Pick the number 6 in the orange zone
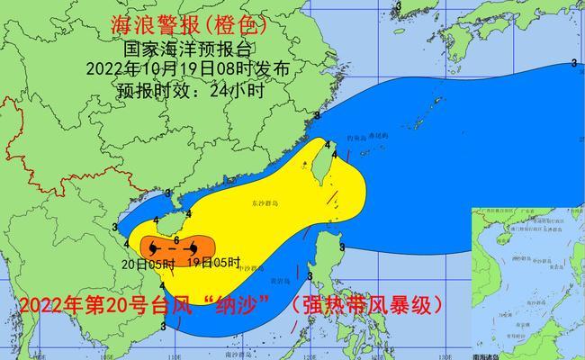click(176, 238)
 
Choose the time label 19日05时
click(213, 263)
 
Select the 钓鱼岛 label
click(355, 136)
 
